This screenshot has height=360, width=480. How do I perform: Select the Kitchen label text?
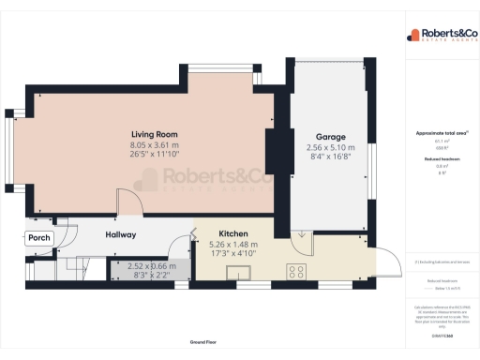tap(232, 233)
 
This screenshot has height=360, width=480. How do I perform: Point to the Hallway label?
tap(121, 234)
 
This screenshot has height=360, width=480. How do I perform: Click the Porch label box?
tap(38, 238)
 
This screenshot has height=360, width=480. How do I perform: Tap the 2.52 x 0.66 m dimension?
tap(152, 266)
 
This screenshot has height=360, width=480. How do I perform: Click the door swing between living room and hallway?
tap(127, 203)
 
